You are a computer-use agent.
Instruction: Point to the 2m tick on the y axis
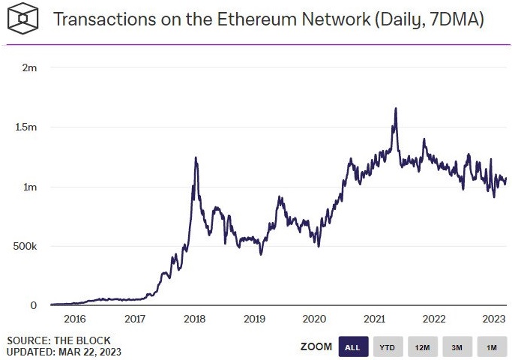pos(30,67)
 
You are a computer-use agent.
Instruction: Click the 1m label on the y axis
pos(30,187)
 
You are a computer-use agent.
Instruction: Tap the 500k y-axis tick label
pos(25,246)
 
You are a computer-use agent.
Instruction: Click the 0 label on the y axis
pos(34,305)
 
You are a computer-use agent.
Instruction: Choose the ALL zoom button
pos(353,347)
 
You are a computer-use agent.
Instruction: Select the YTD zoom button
pos(388,347)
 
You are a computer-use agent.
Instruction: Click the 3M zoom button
pos(457,347)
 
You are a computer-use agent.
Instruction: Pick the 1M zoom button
pos(491,347)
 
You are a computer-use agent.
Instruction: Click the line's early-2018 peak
pos(196,157)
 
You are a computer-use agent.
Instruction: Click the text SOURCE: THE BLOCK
pos(58,340)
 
